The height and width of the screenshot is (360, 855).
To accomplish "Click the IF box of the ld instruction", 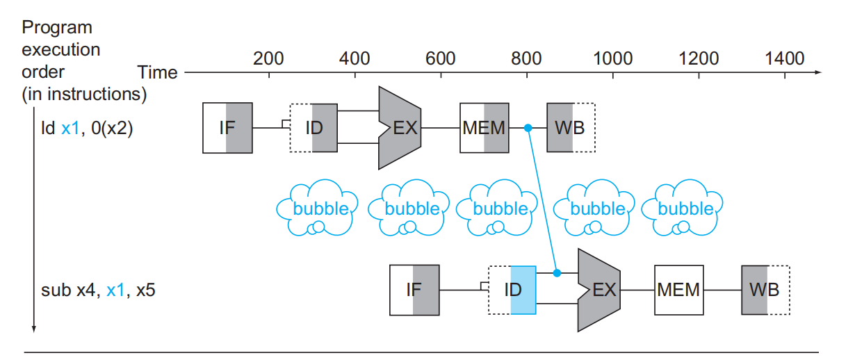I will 227,128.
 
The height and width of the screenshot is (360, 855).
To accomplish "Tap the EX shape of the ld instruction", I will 400,128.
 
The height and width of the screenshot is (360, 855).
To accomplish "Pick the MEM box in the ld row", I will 484,128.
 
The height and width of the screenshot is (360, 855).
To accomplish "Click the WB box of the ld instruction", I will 571,128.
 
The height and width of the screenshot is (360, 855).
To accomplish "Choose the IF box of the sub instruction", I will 414,289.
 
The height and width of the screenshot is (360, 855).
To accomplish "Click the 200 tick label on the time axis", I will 268,58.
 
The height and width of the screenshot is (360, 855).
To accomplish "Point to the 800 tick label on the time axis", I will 526,58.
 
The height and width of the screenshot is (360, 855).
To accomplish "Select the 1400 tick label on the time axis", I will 784,58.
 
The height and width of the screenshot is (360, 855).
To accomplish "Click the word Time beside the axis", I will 158,72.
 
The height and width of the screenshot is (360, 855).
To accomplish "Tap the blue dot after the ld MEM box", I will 528,128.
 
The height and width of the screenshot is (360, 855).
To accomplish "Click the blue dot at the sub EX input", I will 557,272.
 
